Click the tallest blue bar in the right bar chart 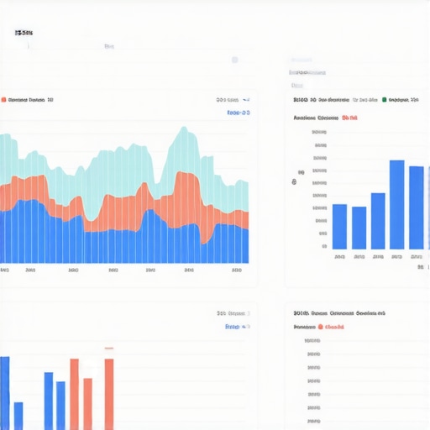point(397,205)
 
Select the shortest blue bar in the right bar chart point(359,228)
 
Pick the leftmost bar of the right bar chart point(339,226)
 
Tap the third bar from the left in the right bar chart point(378,221)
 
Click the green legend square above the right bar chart point(384,99)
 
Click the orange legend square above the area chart point(3,99)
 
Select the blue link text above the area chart point(238,112)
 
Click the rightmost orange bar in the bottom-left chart point(109,394)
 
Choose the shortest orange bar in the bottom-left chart point(87,403)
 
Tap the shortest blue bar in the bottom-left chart point(18,415)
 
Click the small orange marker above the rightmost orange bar point(108,348)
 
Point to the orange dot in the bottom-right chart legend point(320,327)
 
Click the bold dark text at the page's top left point(24,33)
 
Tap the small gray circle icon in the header point(235,60)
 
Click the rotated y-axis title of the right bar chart point(295,181)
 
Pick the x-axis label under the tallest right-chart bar point(397,256)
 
